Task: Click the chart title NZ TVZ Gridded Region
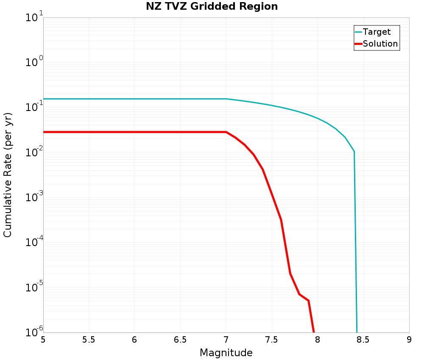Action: pos(212,7)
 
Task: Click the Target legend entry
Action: pos(377,32)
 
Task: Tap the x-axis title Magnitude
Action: pos(226,353)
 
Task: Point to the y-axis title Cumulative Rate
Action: pos(8,175)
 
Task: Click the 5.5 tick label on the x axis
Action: pos(89,340)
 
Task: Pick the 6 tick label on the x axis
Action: pos(134,340)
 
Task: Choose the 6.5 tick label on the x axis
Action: pos(180,340)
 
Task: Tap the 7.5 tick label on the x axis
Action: pos(272,340)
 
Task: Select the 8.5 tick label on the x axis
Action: pos(363,340)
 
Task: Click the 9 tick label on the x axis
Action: pos(409,340)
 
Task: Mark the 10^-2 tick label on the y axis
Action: pos(32,153)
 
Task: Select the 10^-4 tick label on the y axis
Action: pos(32,243)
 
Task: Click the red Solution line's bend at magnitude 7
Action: pos(226,132)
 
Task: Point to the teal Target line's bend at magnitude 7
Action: pos(226,99)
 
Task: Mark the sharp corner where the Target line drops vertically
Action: pos(354,151)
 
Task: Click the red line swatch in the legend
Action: pos(358,44)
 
